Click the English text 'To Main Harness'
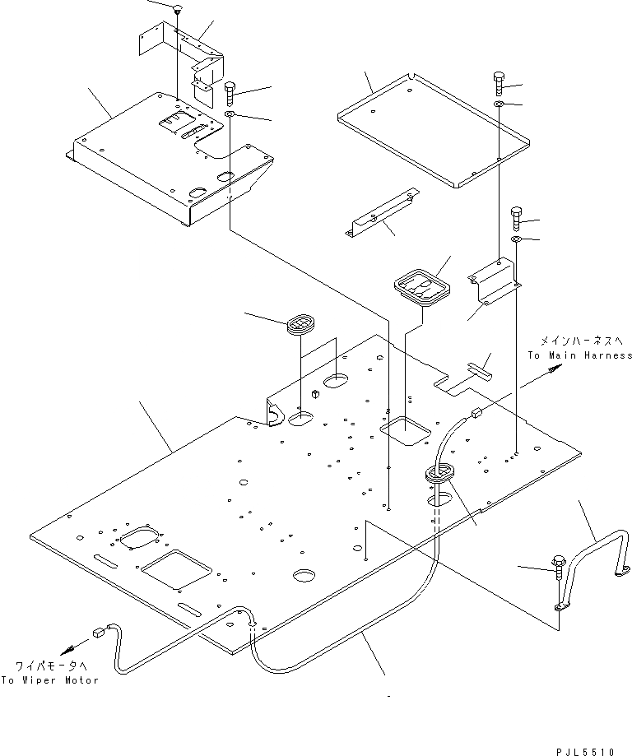coord(580,355)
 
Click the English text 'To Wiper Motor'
coord(49,680)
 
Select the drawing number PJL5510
coord(586,752)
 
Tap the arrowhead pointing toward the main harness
coord(555,369)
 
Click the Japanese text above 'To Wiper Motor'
coord(51,666)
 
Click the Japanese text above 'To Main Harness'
coord(581,341)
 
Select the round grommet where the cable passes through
coord(439,471)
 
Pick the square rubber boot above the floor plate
coord(422,287)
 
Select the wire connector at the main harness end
coord(477,413)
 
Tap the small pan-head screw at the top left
coord(178,8)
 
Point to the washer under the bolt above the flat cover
coord(499,104)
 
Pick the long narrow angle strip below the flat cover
coord(382,211)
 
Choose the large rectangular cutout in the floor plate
coord(176,569)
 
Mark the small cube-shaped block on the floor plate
coord(317,394)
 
